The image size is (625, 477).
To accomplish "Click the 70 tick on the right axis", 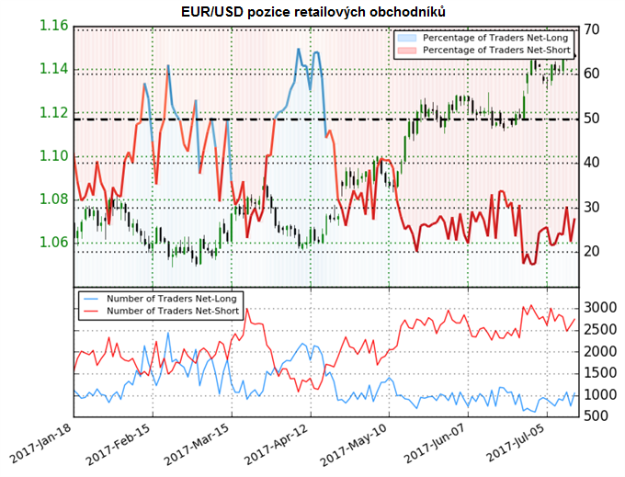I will pos(592,29).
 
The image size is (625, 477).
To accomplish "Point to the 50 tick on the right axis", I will pos(592,119).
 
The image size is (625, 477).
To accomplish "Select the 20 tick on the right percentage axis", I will pos(592,251).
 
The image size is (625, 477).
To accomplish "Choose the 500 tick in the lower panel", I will pos(597,416).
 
